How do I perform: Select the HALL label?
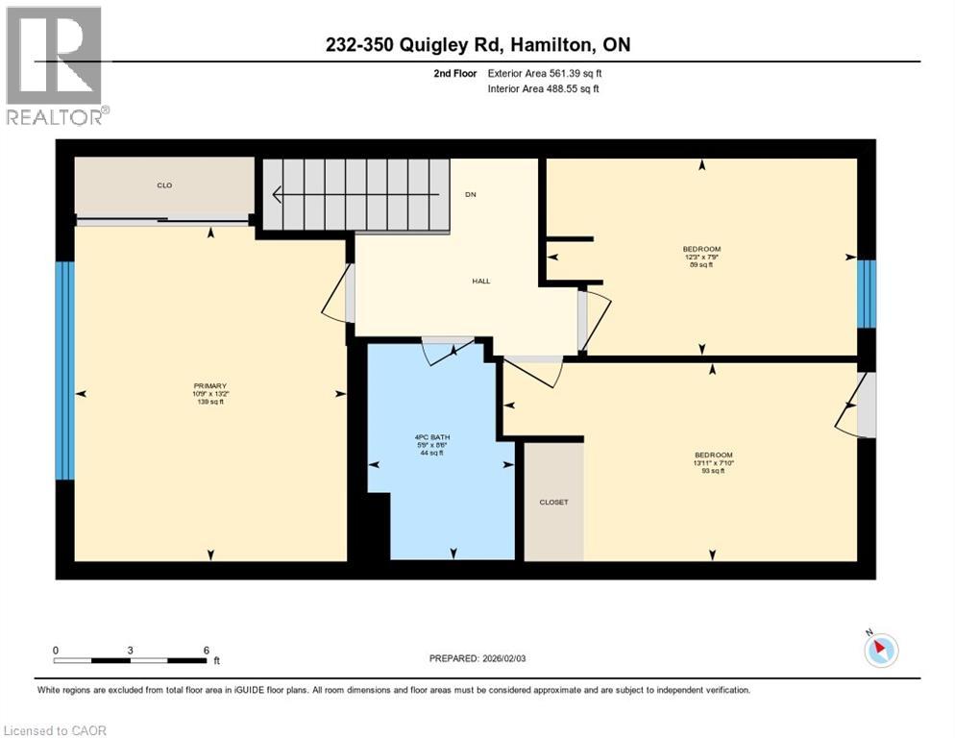[x=480, y=282]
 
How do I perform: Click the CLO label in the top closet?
[x=164, y=184]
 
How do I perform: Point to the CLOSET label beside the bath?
[x=553, y=502]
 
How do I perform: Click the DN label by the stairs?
[x=470, y=195]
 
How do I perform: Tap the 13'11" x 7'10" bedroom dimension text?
[x=714, y=462]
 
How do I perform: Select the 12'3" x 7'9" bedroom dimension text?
[x=701, y=257]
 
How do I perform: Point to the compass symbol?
[x=880, y=651]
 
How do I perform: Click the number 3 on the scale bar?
[x=130, y=651]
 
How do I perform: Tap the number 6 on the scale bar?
[x=206, y=651]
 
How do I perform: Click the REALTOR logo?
[x=54, y=65]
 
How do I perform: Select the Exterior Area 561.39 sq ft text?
[x=545, y=73]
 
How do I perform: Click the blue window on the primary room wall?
[x=64, y=370]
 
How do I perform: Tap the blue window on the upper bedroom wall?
[x=866, y=293]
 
